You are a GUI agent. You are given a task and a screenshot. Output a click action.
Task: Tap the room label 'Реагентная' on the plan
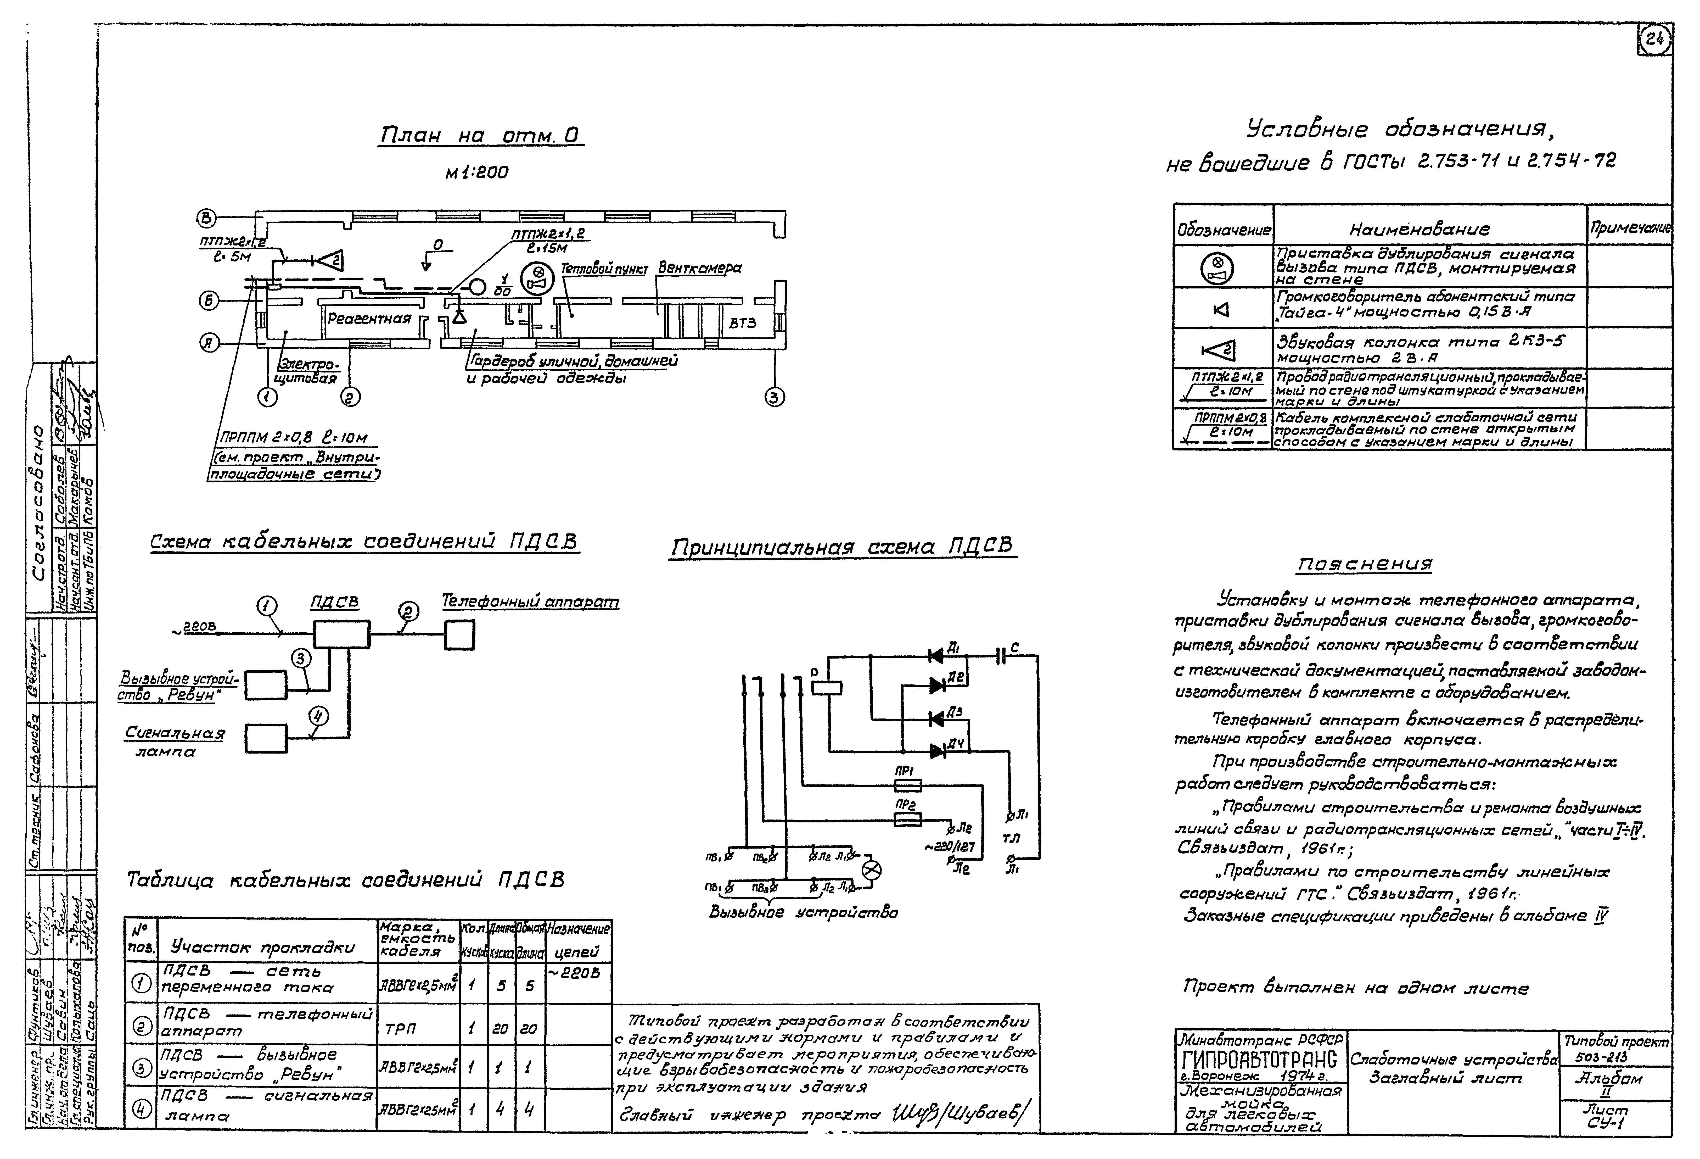369,319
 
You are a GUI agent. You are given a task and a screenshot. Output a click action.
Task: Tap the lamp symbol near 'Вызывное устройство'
871,870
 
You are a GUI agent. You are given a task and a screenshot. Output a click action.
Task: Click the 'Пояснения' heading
1365,564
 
